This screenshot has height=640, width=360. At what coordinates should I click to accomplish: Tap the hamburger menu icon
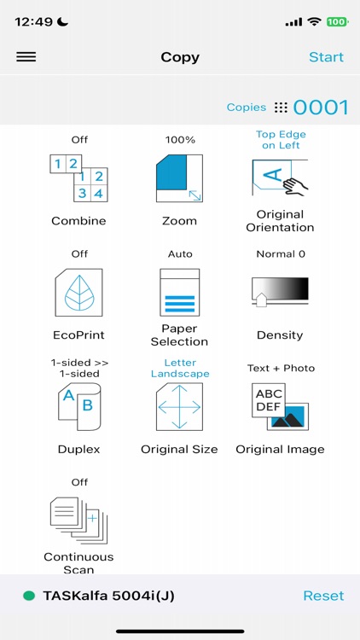[26, 57]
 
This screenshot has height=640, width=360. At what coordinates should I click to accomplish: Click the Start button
[326, 57]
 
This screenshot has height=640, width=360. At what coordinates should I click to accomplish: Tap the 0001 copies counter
[321, 108]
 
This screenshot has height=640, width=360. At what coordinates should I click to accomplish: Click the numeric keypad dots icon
[281, 108]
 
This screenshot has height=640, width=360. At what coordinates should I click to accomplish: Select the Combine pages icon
[78, 177]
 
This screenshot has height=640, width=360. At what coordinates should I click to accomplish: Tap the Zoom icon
[179, 177]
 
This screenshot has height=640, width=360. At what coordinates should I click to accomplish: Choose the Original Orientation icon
[280, 177]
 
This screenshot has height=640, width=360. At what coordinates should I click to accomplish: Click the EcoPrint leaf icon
[78, 292]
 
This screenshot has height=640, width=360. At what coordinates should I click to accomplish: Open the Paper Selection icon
[179, 292]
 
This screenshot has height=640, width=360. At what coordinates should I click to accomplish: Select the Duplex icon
[78, 406]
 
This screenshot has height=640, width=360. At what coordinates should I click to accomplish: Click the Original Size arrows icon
[179, 406]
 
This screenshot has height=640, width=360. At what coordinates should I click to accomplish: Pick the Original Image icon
[280, 406]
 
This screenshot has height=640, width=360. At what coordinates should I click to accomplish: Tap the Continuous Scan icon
[78, 521]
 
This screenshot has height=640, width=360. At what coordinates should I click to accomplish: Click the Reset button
[323, 596]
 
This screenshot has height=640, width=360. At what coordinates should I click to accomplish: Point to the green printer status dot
[29, 596]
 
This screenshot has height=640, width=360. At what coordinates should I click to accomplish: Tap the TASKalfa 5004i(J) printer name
[108, 596]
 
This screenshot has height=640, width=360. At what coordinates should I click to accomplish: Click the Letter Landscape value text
[180, 369]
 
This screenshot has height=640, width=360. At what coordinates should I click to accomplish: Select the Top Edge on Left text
[281, 140]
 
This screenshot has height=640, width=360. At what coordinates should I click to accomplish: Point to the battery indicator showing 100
[335, 21]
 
